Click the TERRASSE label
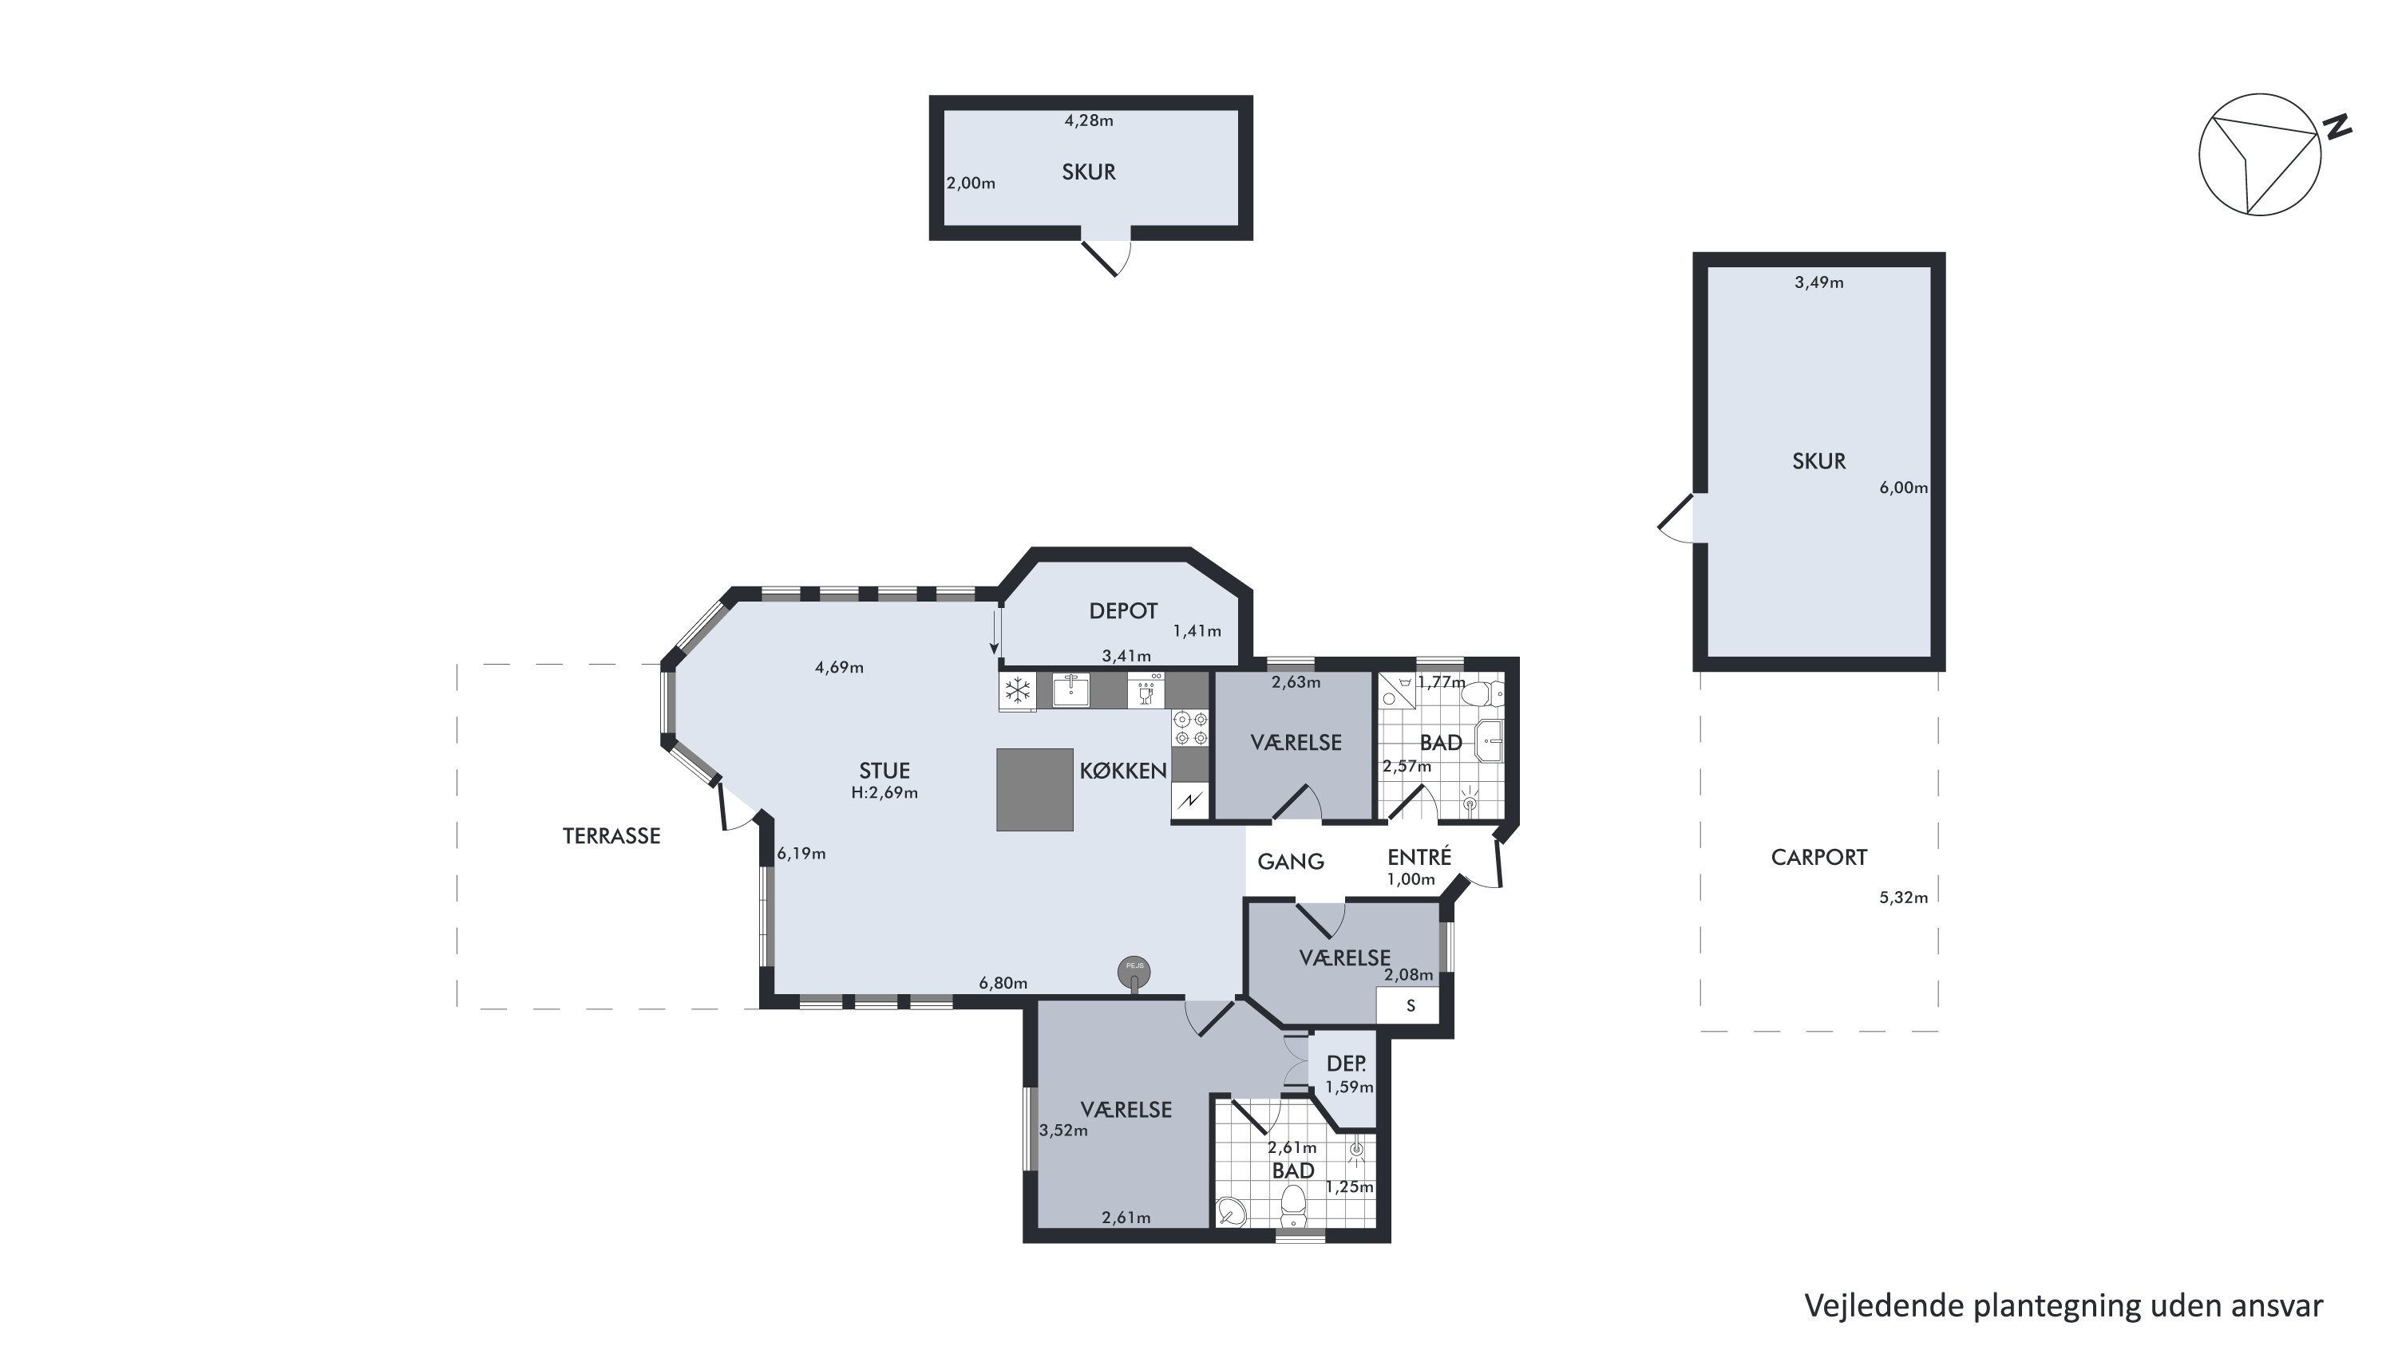click(611, 836)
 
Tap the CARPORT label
click(1818, 858)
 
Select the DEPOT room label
click(1122, 611)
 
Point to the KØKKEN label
click(1122, 770)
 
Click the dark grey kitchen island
click(1035, 790)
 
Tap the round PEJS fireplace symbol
click(1134, 973)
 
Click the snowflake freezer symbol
click(1018, 691)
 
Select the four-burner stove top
click(1190, 728)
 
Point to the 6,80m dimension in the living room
click(1003, 983)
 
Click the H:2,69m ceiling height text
click(884, 792)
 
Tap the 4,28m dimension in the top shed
click(1089, 120)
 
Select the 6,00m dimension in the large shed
click(1903, 487)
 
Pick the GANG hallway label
click(1290, 862)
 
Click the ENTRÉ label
click(1419, 856)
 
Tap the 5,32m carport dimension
click(1903, 898)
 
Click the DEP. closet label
click(1346, 1064)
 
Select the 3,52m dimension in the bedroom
click(1063, 1131)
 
